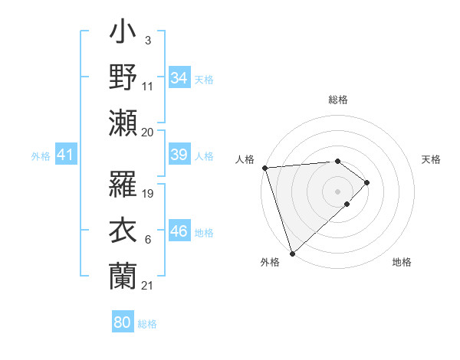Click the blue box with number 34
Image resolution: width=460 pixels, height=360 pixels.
pos(179,78)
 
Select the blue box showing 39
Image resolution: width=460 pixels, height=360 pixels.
pos(179,155)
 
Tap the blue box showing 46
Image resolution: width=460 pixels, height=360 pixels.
pos(179,231)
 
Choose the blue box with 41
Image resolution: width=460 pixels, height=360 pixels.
pos(66,155)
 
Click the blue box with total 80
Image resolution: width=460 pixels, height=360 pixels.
pos(123,322)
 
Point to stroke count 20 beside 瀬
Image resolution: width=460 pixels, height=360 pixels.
pos(148,132)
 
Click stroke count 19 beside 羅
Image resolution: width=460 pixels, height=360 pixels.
pos(149,194)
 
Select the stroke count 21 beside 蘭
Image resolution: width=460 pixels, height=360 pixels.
pos(148,285)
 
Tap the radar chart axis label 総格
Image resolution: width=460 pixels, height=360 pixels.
pos(338,100)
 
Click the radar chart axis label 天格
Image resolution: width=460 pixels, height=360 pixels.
pos(431,159)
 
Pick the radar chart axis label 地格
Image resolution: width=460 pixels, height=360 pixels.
pos(402,263)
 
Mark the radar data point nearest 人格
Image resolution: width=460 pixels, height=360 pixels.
pos(264,168)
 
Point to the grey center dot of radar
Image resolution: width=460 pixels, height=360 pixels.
pos(337,191)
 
